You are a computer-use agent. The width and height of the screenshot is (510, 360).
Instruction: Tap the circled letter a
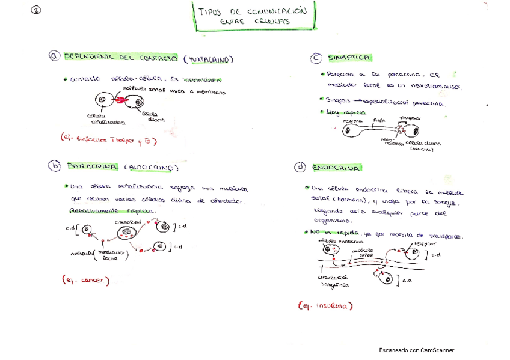(55, 57)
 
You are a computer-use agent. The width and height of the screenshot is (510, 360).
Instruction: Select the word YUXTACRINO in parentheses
(208, 59)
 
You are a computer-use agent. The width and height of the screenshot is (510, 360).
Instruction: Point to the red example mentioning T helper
(108, 139)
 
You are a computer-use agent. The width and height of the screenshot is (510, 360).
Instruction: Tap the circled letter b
(55, 166)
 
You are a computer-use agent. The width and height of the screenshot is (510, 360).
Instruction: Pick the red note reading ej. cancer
(85, 280)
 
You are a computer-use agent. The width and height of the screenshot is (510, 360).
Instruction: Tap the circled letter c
(316, 58)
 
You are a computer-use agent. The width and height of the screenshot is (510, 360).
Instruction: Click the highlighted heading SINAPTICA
(349, 58)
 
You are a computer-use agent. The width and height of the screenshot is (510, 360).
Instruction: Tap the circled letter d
(299, 167)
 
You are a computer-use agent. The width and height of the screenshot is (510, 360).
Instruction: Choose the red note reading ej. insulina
(325, 306)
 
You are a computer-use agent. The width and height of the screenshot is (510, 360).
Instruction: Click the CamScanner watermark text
(416, 350)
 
